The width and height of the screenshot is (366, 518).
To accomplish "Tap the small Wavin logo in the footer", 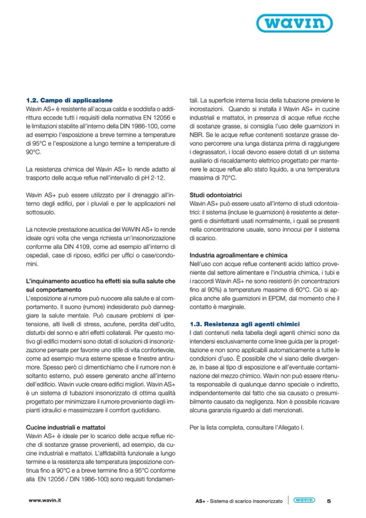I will (x=304, y=501).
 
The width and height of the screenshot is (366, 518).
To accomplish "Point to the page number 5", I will (x=329, y=501).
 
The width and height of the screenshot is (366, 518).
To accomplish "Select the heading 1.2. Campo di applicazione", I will (x=69, y=100).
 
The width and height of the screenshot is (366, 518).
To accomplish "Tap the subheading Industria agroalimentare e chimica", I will (x=239, y=254).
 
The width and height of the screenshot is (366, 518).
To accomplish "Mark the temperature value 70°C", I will (x=226, y=178).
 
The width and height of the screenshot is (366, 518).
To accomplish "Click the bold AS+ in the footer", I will (x=201, y=501).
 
